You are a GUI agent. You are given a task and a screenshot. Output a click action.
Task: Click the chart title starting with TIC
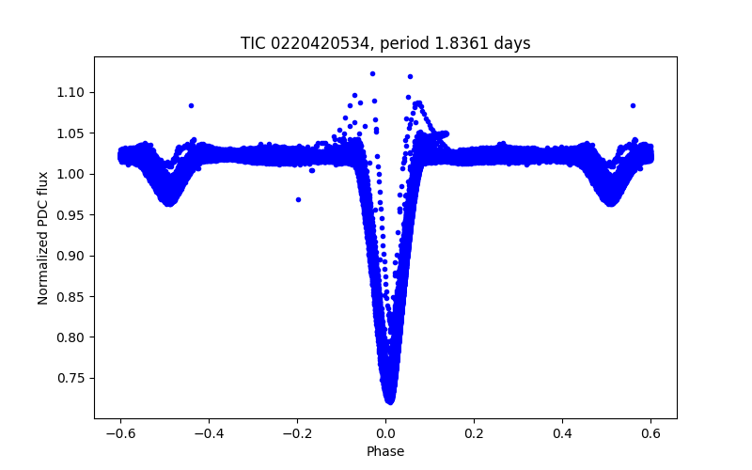pyautogui.click(x=385, y=43)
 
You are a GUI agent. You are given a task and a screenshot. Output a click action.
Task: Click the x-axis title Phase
pyautogui.click(x=385, y=451)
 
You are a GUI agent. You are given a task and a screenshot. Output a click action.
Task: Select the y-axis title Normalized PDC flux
pyautogui.click(x=43, y=237)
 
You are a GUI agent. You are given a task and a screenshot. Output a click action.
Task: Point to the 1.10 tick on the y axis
pyautogui.click(x=72, y=92)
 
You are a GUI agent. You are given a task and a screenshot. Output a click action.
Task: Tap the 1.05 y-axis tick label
pyautogui.click(x=72, y=133)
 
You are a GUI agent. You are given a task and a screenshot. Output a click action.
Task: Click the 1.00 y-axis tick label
pyautogui.click(x=72, y=174)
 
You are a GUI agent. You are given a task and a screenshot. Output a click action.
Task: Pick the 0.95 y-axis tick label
pyautogui.click(x=72, y=215)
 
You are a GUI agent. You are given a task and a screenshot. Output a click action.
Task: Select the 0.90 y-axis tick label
pyautogui.click(x=72, y=256)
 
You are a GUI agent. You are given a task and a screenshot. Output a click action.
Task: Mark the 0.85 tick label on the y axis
pyautogui.click(x=72, y=296)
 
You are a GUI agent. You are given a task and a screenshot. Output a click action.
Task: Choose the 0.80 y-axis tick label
pyautogui.click(x=72, y=337)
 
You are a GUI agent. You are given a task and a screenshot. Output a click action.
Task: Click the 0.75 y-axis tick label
pyautogui.click(x=72, y=378)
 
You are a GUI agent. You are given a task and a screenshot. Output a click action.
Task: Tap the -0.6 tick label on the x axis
pyautogui.click(x=119, y=432)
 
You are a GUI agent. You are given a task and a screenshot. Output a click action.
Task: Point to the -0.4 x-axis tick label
pyautogui.click(x=208, y=432)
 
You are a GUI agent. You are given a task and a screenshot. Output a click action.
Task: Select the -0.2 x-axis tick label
pyautogui.click(x=296, y=432)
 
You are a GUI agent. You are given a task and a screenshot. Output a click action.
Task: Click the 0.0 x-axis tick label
pyautogui.click(x=385, y=432)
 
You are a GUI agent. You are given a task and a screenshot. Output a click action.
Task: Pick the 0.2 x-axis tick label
pyautogui.click(x=474, y=432)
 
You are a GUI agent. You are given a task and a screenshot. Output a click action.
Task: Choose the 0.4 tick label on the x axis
pyautogui.click(x=562, y=432)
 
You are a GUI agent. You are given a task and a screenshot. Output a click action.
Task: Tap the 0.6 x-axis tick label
pyautogui.click(x=650, y=432)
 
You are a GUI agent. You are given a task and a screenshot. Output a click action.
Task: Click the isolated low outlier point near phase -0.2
pyautogui.click(x=298, y=199)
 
